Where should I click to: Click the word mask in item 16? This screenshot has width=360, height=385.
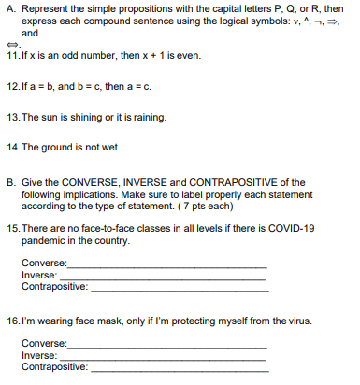pos(107,321)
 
